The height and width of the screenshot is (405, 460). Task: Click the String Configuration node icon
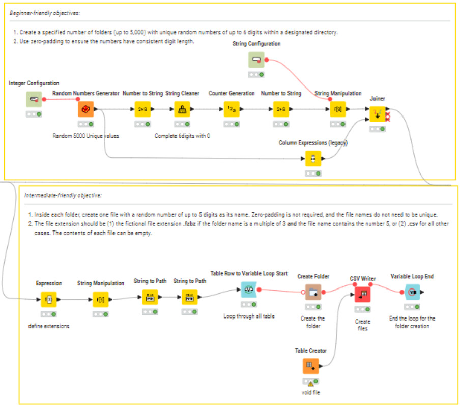pyautogui.click(x=256, y=60)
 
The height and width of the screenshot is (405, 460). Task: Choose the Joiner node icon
pyautogui.click(x=378, y=114)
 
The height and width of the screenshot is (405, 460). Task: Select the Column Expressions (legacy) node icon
pyautogui.click(x=313, y=159)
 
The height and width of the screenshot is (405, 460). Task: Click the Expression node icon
pyautogui.click(x=49, y=300)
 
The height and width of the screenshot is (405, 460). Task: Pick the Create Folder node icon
pyautogui.click(x=313, y=292)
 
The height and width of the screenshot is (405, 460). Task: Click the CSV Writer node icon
pyautogui.click(x=362, y=294)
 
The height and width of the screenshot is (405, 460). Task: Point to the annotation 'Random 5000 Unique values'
pyautogui.click(x=85, y=136)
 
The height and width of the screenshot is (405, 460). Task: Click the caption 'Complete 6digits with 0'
pyautogui.click(x=182, y=136)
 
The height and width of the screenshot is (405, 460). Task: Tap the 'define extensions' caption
pyautogui.click(x=49, y=326)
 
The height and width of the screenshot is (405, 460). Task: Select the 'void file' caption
pyautogui.click(x=310, y=393)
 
